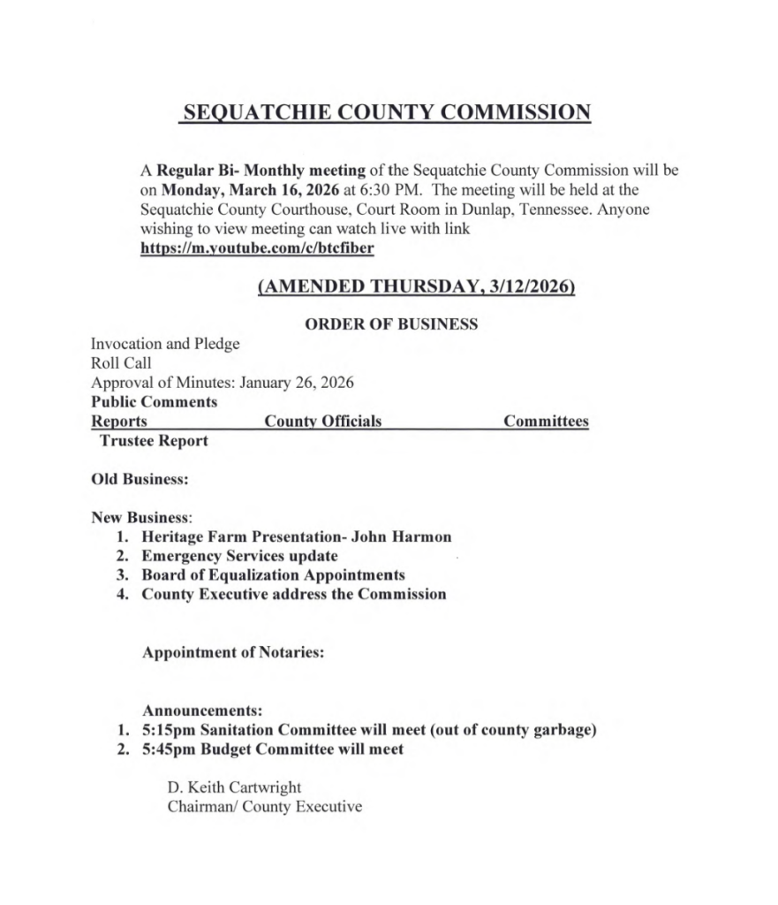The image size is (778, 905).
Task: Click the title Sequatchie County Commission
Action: pos(385,114)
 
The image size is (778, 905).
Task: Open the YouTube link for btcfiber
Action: pos(257,248)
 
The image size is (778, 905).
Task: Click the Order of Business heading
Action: pos(390,324)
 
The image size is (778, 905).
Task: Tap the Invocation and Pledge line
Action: pos(165,344)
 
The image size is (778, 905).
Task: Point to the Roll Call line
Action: pos(121,362)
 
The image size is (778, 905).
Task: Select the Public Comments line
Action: pos(154,401)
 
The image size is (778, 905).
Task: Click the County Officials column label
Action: pos(323,422)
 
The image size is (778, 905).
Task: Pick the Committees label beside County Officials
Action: pos(546,422)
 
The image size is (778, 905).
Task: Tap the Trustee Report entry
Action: pos(155,440)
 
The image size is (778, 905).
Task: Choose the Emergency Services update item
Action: pos(239,556)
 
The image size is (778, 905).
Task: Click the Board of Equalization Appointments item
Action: pos(273,574)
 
